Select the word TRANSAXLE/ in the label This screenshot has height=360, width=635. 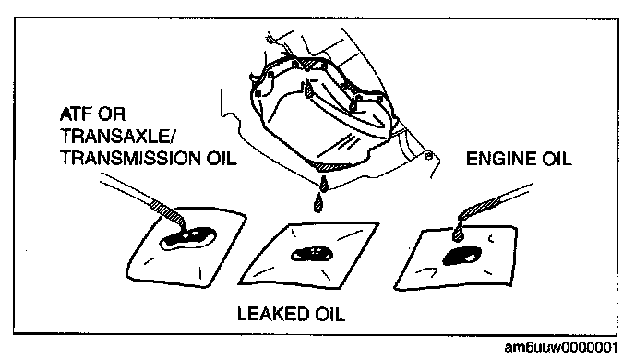point(117,136)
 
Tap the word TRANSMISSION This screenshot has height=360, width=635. point(130,158)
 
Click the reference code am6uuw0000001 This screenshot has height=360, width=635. point(561,347)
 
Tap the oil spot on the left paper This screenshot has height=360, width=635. point(188,238)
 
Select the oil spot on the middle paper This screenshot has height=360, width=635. point(312,254)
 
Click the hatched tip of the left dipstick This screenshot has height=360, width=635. point(169,212)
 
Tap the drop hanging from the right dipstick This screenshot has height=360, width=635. point(458,234)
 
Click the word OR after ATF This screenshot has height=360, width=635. point(114,114)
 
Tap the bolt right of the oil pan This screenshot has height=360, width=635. point(429,155)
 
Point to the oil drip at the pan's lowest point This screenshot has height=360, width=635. point(324,184)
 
